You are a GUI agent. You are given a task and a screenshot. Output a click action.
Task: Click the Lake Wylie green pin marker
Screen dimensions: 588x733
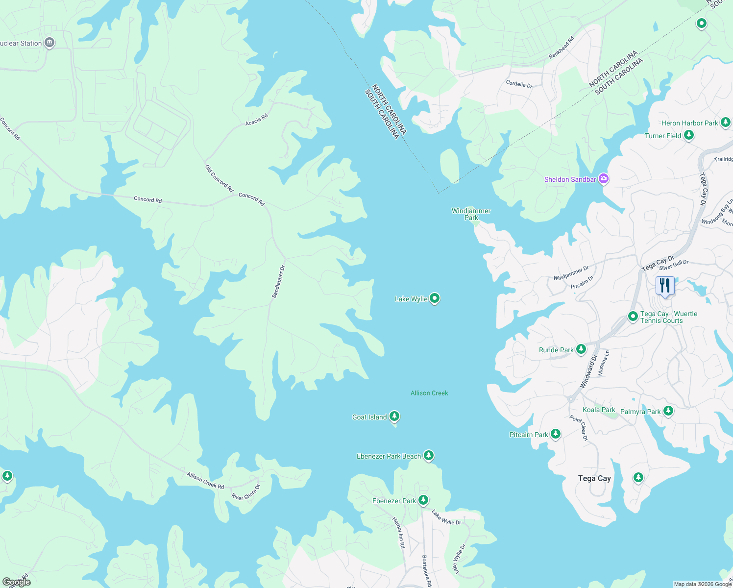coord(434,298)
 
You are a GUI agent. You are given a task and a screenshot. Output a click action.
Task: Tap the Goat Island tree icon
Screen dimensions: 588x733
coord(394,416)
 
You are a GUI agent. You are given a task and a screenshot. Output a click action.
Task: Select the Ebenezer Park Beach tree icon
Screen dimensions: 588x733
coord(428,456)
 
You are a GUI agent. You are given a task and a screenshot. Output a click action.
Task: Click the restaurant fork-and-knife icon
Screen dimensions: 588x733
coord(665,285)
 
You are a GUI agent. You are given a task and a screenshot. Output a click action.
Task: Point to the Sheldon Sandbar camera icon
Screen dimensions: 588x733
coord(604,179)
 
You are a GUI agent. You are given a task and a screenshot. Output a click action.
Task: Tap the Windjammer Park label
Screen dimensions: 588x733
coord(471,214)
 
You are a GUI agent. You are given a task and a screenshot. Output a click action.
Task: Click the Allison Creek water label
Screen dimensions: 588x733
coord(429,393)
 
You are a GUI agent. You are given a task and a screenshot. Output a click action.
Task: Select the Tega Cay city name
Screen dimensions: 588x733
coord(594,478)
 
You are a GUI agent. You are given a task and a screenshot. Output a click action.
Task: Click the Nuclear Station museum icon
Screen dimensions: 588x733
coord(49,43)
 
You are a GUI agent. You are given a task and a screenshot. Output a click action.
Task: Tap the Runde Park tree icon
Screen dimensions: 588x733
coord(581,349)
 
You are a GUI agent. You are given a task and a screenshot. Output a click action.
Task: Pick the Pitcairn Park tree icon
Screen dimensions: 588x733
coord(555,434)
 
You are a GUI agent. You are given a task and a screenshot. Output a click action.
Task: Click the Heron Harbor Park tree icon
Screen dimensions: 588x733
coord(726,122)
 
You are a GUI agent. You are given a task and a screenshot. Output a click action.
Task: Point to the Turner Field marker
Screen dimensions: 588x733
coord(689,135)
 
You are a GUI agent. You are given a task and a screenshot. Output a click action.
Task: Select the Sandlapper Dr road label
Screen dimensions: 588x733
coord(278,282)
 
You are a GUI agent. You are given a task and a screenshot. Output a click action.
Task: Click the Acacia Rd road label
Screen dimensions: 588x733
coord(257,120)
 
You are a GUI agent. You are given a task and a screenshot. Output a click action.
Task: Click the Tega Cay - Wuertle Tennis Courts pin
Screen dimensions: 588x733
coord(633,317)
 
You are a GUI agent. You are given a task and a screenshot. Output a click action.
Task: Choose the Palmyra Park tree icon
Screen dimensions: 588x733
coord(668,411)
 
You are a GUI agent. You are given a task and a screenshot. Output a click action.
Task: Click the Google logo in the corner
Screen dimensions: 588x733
coord(16,582)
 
